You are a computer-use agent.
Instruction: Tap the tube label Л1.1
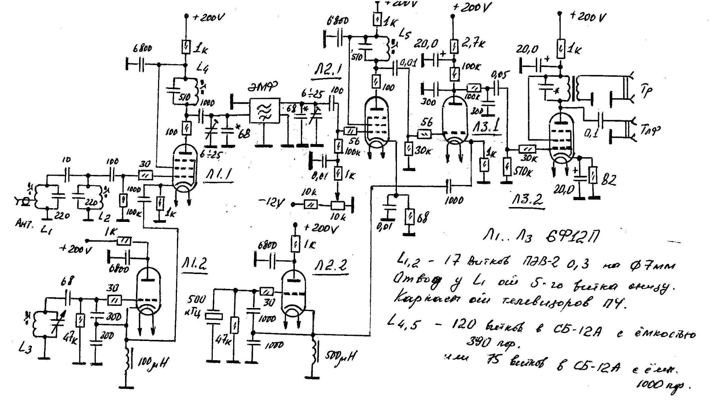click(219, 176)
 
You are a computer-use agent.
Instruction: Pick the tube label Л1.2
click(194, 265)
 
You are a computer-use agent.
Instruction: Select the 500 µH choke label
click(340, 356)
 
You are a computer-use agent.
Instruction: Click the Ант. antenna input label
click(23, 223)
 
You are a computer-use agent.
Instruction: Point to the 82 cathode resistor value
click(608, 181)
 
